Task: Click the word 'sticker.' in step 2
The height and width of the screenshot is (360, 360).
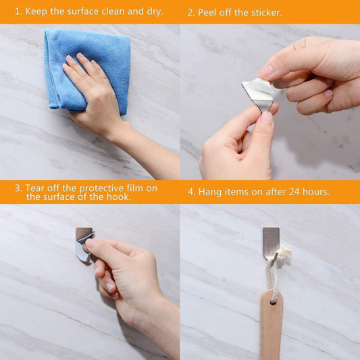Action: click(265, 13)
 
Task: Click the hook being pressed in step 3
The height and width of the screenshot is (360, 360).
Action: click(82, 244)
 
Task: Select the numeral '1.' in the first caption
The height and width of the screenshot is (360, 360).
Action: click(18, 11)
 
